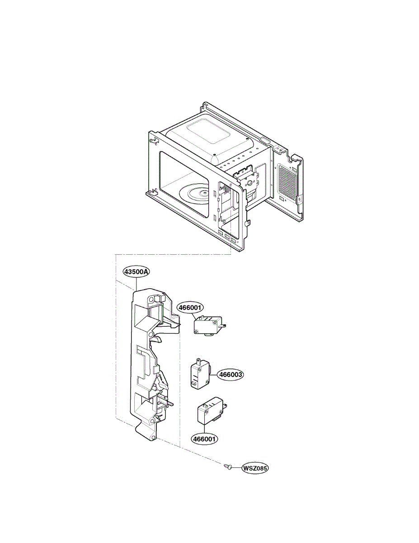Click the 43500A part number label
tap(136, 271)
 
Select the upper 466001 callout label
tap(190, 307)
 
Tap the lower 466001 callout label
tap(204, 438)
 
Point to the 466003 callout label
tap(231, 375)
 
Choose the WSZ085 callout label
tap(255, 468)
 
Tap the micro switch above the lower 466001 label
tap(209, 412)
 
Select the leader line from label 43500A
tap(136, 284)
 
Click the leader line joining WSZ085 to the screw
tap(236, 467)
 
